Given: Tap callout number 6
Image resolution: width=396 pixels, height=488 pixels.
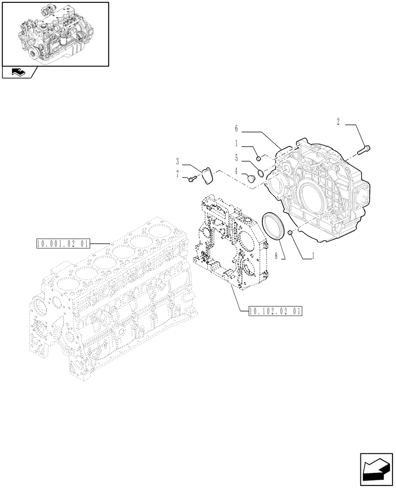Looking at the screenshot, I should pyautogui.click(x=236, y=129).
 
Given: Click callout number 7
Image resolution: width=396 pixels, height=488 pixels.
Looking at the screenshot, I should pyautogui.click(x=178, y=174).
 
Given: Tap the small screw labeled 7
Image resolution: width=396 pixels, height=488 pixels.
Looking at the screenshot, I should pyautogui.click(x=191, y=180).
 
